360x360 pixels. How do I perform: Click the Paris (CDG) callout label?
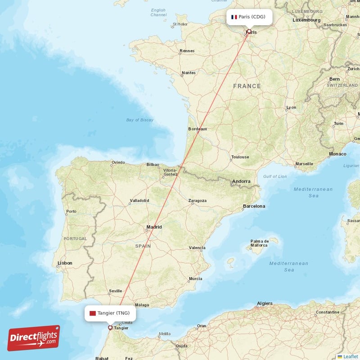248,17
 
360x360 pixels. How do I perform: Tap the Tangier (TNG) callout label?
110,313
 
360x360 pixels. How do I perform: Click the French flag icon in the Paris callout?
234,17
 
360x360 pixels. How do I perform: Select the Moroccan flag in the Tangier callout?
93,313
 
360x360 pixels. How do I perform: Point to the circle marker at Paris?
248,31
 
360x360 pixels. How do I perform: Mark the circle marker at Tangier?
110,327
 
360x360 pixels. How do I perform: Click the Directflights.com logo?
34,338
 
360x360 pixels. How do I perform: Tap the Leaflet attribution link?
350,356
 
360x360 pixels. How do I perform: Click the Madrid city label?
154,227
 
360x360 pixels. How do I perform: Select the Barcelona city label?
254,206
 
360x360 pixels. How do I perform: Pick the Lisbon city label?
65,263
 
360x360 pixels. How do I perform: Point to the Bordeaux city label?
198,129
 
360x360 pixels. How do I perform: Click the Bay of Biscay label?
139,120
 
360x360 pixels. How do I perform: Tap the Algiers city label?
265,303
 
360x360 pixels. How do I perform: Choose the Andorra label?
241,182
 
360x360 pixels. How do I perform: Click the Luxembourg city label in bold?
306,20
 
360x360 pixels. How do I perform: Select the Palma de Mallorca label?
260,243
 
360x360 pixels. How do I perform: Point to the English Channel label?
158,13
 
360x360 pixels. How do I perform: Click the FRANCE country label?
247,86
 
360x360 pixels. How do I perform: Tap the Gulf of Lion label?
274,176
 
